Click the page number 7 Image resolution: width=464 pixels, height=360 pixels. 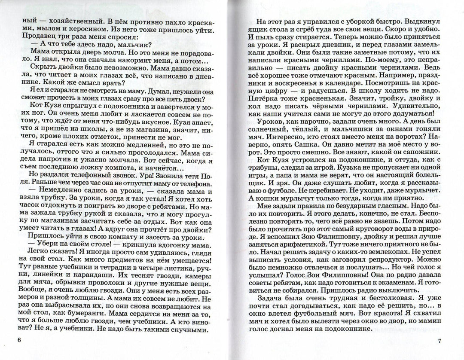[x=440, y=342]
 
